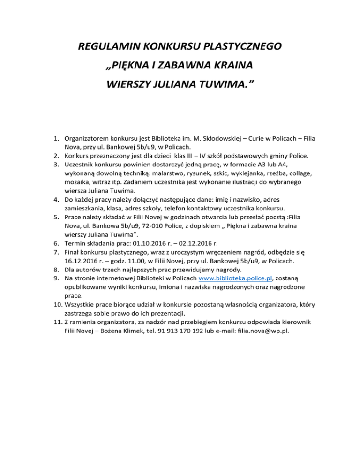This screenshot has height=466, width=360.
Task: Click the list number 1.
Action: point(54,139)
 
